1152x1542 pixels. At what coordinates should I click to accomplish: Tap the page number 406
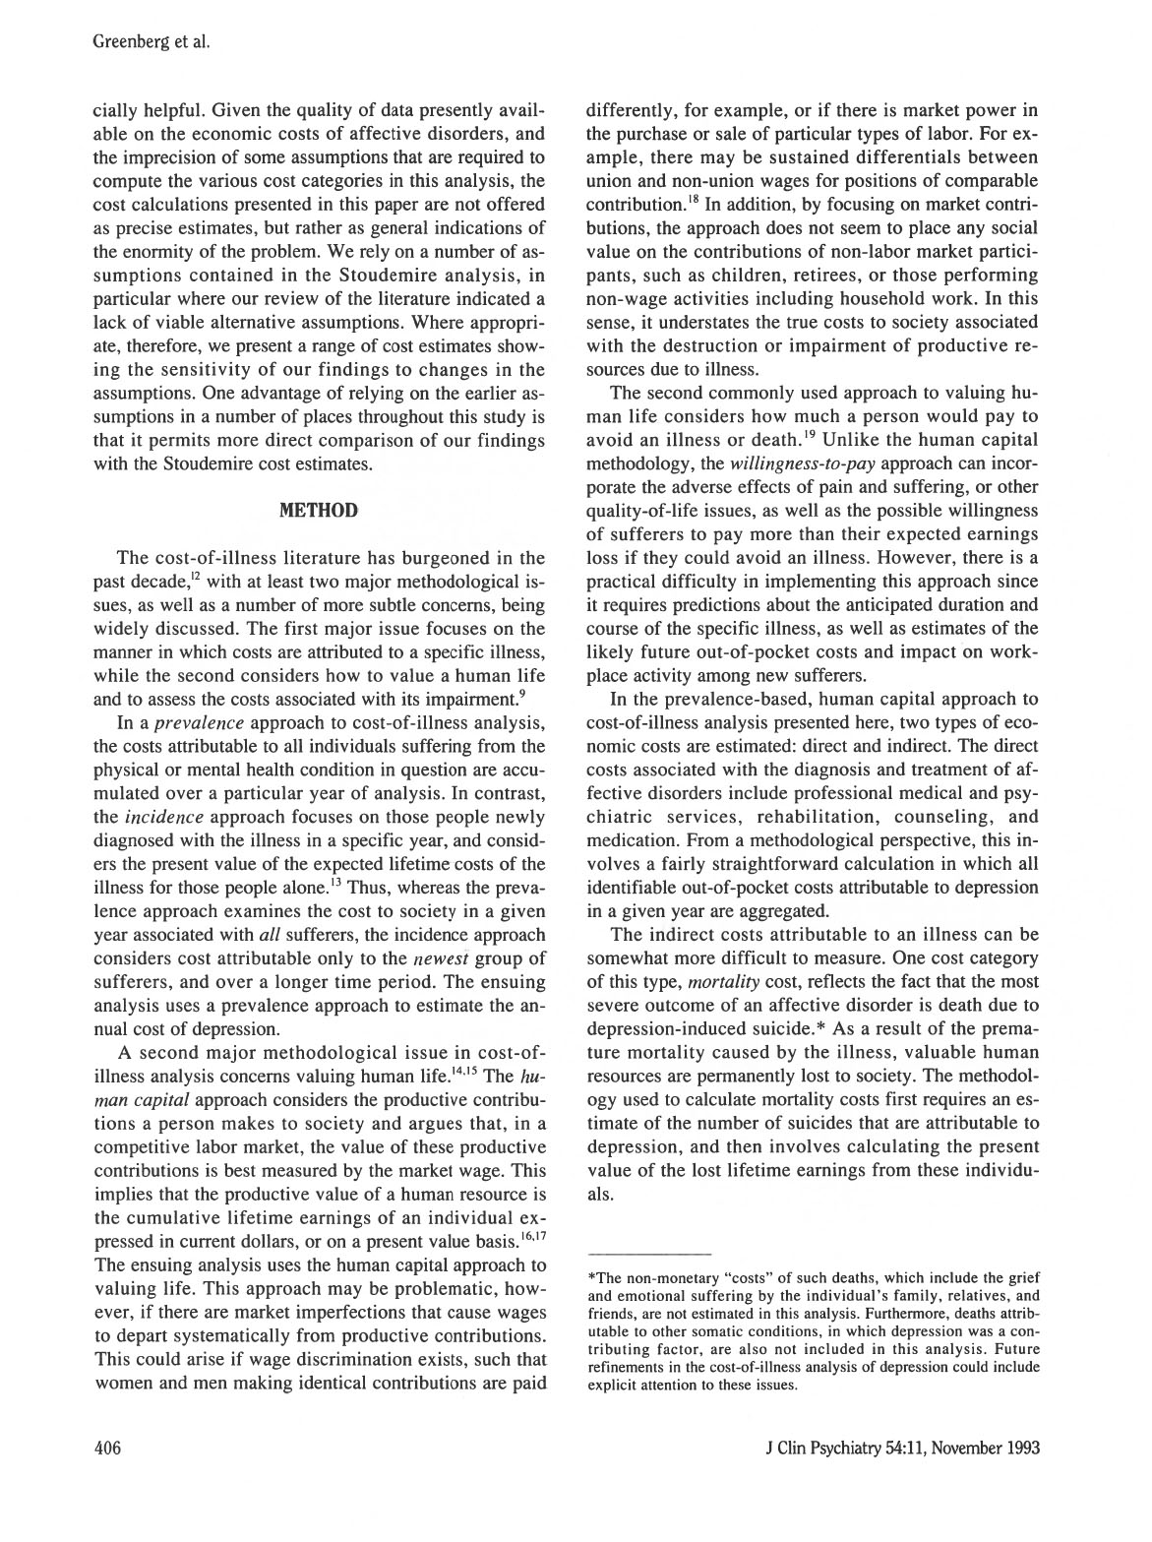106,1448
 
